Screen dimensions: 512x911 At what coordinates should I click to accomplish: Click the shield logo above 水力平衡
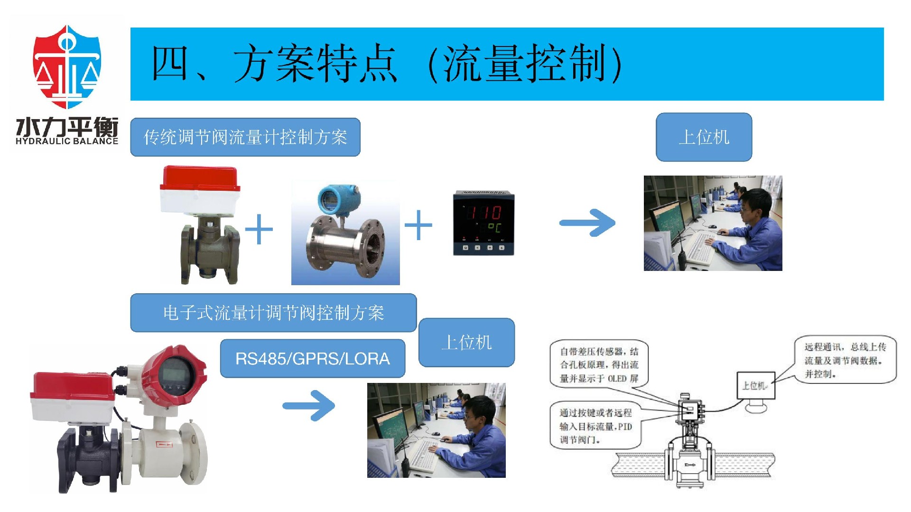[x=66, y=66]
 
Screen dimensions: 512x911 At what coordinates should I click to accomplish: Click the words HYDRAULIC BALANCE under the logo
[x=66, y=141]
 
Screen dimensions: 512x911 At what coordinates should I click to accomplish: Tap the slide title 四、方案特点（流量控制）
[x=387, y=64]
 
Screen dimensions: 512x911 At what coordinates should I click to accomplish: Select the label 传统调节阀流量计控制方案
[x=245, y=138]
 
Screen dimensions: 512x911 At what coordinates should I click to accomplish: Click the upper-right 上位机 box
[x=704, y=138]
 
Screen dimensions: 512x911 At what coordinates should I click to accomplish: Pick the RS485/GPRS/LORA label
[x=313, y=359]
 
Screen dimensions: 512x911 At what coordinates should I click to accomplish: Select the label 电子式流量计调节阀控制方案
[x=273, y=313]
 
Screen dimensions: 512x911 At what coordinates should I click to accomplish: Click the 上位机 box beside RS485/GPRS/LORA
[x=466, y=343]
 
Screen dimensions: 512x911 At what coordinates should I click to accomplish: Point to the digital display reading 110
[x=483, y=223]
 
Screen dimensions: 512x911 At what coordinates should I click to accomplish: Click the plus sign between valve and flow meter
[x=259, y=229]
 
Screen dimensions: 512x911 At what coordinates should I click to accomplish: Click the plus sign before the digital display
[x=418, y=225]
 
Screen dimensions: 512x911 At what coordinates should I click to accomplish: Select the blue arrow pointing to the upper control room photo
[x=588, y=223]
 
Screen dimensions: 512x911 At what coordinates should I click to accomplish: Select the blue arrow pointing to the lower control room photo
[x=309, y=405]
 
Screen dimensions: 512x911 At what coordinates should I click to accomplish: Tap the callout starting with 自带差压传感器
[x=599, y=365]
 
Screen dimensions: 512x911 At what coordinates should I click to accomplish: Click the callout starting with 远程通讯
[x=845, y=360]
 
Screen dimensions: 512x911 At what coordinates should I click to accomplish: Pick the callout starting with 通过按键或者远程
[x=595, y=426]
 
